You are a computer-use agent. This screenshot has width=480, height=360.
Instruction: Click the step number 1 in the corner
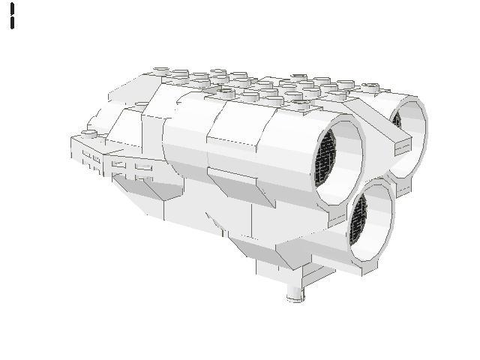click(x=13, y=16)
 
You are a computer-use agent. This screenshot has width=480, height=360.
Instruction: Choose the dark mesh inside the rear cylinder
click(x=397, y=121)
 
